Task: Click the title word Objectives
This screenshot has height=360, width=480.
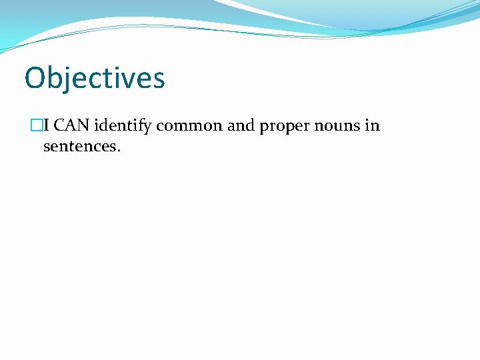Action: pos(94,77)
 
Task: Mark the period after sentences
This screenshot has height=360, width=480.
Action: pos(119,150)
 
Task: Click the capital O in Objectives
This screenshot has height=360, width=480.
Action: pos(35,77)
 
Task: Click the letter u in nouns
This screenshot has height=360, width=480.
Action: pos(337,127)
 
